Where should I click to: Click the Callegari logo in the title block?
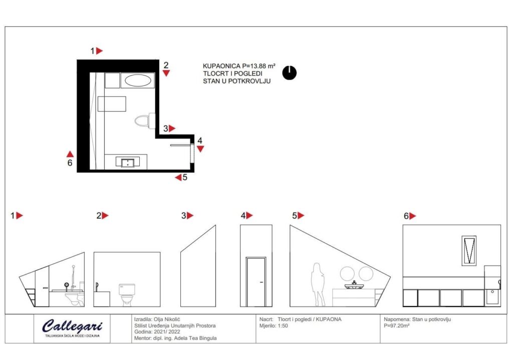coord(72,327)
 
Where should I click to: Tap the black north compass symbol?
coord(290,73)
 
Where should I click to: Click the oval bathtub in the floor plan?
coord(138,80)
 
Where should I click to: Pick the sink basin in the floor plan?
coord(128,162)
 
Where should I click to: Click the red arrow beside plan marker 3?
coord(172,128)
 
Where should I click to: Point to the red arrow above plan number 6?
coord(70,154)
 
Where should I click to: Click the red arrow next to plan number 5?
coord(178,177)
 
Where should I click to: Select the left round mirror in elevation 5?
coord(347,273)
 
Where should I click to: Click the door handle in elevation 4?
coord(261,282)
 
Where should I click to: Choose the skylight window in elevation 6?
coord(469,250)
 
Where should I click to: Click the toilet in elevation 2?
coord(127,294)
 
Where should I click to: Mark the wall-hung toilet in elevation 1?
coord(74,298)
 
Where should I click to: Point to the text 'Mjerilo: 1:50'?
coord(274,326)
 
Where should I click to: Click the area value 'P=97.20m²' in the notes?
coord(397,326)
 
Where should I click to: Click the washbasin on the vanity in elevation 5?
coord(354,285)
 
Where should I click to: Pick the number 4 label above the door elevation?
coord(243,215)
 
